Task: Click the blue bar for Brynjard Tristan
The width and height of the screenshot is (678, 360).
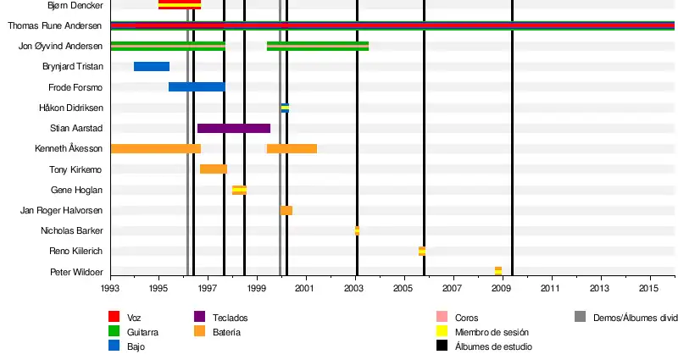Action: pos(152,66)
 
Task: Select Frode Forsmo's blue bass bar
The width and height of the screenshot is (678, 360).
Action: pos(197,86)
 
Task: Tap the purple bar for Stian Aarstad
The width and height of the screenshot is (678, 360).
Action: pos(234,128)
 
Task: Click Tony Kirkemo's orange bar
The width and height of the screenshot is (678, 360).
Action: pos(214,169)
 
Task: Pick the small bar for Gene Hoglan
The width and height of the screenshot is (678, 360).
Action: pos(240,190)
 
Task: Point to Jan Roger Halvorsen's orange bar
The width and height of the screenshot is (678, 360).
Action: pos(286,210)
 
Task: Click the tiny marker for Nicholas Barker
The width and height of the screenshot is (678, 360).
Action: pos(357,230)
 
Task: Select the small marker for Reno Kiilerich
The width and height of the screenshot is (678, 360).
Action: pos(422,251)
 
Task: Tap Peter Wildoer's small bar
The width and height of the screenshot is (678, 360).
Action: pos(498,271)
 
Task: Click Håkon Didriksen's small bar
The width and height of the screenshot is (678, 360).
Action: pos(285,108)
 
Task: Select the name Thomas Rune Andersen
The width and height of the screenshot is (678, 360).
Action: pos(55,25)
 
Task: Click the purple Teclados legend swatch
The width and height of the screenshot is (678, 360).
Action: pos(200,318)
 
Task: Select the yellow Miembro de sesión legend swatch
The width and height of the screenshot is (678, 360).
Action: pos(442,332)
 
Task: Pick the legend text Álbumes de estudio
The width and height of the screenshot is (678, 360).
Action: pos(493,346)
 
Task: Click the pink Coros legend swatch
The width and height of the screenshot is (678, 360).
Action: pos(442,318)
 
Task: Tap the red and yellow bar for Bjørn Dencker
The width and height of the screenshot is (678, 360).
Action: pos(180,4)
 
